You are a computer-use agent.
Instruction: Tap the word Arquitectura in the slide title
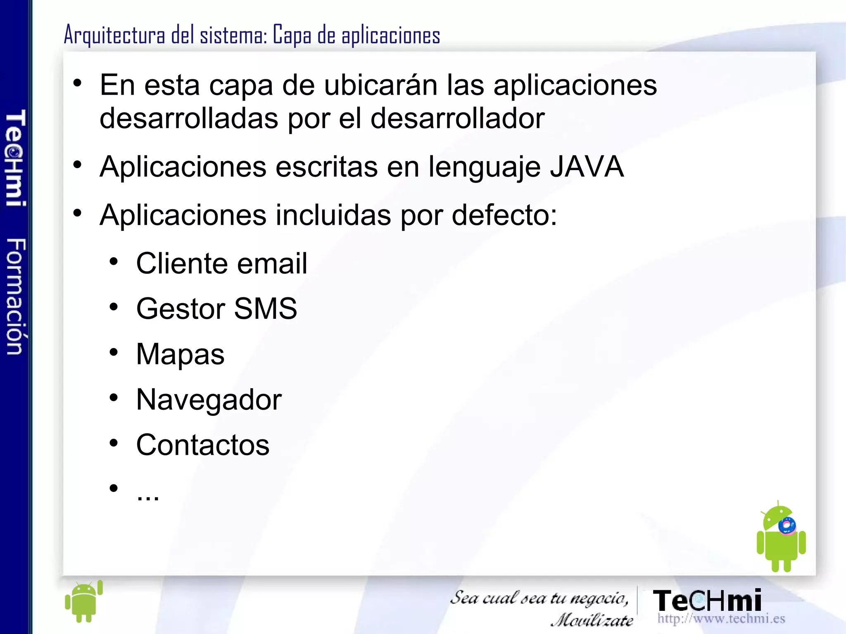[x=114, y=35]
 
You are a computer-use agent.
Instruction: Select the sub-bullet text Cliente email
[x=221, y=264]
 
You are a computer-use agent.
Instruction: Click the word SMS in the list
[x=265, y=309]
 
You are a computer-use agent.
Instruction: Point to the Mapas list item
[x=180, y=354]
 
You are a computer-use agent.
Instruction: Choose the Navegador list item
[x=209, y=400]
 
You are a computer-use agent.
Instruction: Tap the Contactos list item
[x=202, y=445]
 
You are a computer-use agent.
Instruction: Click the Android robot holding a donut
[x=780, y=537]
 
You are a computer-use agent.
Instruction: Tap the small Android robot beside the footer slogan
[x=84, y=601]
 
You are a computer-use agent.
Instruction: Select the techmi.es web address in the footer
[x=721, y=619]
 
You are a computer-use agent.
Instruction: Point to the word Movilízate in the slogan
[x=592, y=620]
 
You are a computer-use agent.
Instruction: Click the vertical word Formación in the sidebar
[x=16, y=296]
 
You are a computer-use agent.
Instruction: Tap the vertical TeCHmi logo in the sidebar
[x=16, y=157]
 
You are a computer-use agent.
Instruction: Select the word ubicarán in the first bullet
[x=380, y=85]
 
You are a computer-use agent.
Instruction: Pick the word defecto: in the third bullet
[x=504, y=215]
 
